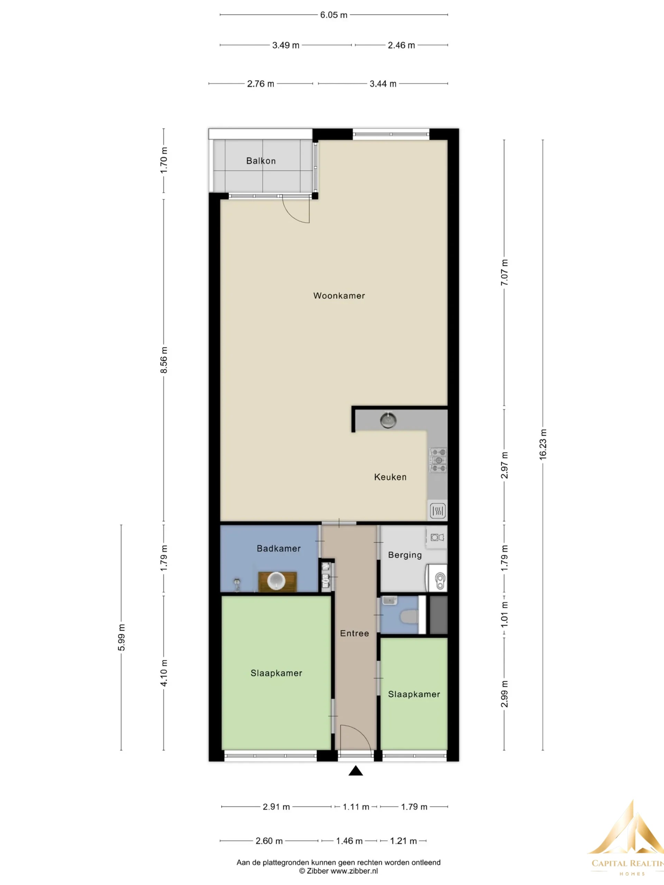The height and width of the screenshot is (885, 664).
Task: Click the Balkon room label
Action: [x=261, y=161]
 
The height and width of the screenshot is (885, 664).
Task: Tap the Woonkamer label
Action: [x=339, y=296]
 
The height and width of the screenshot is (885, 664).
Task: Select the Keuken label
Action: [x=390, y=477]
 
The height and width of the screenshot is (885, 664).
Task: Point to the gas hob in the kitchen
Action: [x=438, y=460]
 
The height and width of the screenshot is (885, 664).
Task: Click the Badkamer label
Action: [x=278, y=549]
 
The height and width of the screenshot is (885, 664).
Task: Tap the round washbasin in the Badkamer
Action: [x=276, y=581]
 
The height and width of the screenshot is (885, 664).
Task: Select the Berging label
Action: [x=405, y=555]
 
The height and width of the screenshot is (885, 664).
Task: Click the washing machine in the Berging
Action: [x=437, y=578]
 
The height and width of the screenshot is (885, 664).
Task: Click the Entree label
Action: [x=354, y=633]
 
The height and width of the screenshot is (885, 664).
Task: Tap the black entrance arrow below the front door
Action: [x=356, y=771]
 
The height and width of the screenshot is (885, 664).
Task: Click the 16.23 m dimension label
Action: [x=543, y=445]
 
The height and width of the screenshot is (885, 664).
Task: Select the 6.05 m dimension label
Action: [x=334, y=15]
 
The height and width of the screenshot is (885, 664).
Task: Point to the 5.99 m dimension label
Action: [x=121, y=637]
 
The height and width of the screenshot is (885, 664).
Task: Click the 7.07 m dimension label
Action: [x=504, y=272]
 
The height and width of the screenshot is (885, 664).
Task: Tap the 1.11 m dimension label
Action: [x=356, y=807]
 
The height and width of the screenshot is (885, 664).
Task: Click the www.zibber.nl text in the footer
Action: [x=354, y=870]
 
